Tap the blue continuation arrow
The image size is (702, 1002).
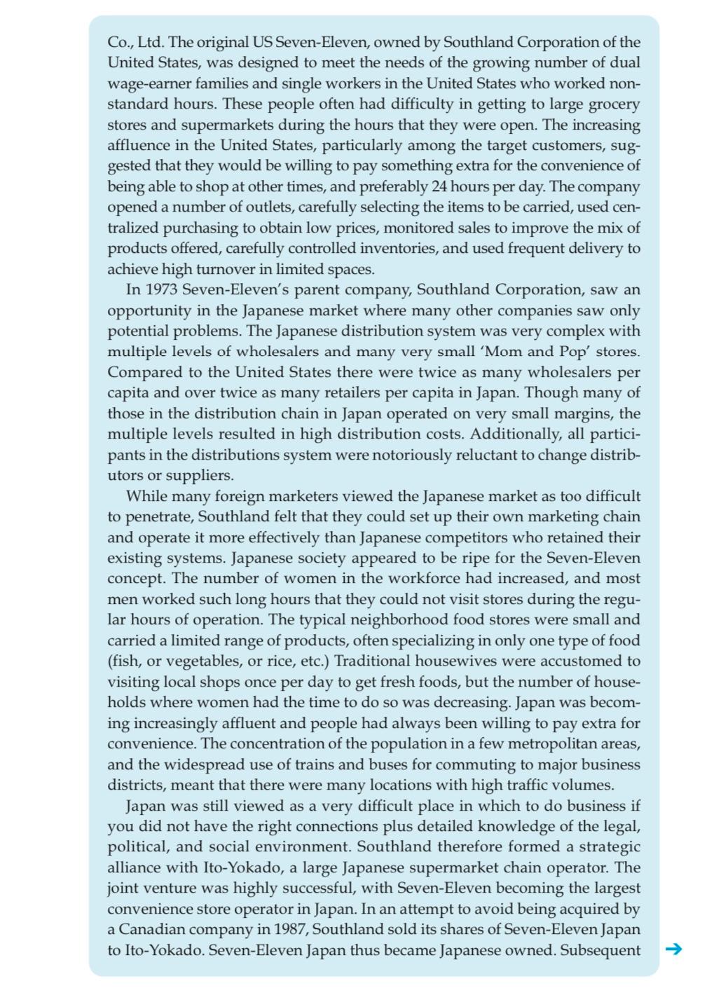click(x=673, y=949)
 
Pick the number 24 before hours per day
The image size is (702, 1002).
click(x=440, y=187)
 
